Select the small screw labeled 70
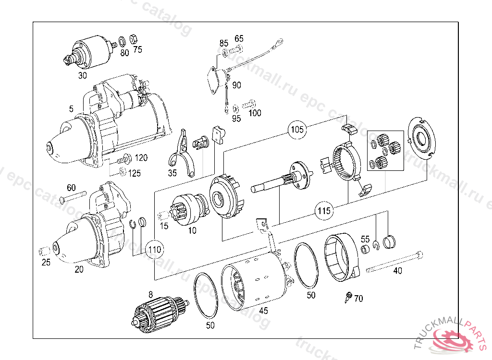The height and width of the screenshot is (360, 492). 348,296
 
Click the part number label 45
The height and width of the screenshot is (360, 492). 263,311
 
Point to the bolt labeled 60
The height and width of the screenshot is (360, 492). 74,196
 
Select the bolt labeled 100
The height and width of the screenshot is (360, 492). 249,103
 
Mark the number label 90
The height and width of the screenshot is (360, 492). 236,85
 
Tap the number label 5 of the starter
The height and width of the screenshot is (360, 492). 71,109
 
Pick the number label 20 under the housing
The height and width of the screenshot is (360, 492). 79,269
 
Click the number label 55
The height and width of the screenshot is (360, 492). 365,239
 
